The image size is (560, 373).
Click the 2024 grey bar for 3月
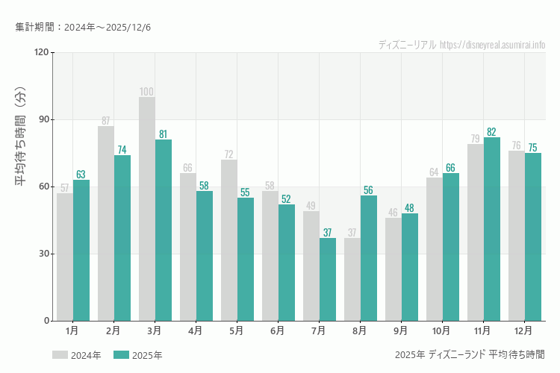(147, 209)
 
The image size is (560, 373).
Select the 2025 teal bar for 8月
(368, 258)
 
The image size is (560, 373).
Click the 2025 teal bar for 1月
(81, 250)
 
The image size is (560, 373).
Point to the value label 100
(147, 92)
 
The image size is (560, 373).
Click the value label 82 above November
(491, 132)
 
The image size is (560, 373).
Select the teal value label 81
(163, 134)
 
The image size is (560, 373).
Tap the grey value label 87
(106, 121)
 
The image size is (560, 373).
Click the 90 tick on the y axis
(43, 119)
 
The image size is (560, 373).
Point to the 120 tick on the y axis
(41, 52)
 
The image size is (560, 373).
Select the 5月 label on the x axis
(237, 330)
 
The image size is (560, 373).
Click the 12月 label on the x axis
(523, 330)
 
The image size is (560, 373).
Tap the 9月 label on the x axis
(400, 330)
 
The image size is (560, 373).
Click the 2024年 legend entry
(77, 355)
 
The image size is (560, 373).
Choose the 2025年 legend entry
(138, 355)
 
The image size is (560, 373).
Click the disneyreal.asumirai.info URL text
(493, 45)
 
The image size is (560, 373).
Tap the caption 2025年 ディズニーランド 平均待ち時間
(470, 354)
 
